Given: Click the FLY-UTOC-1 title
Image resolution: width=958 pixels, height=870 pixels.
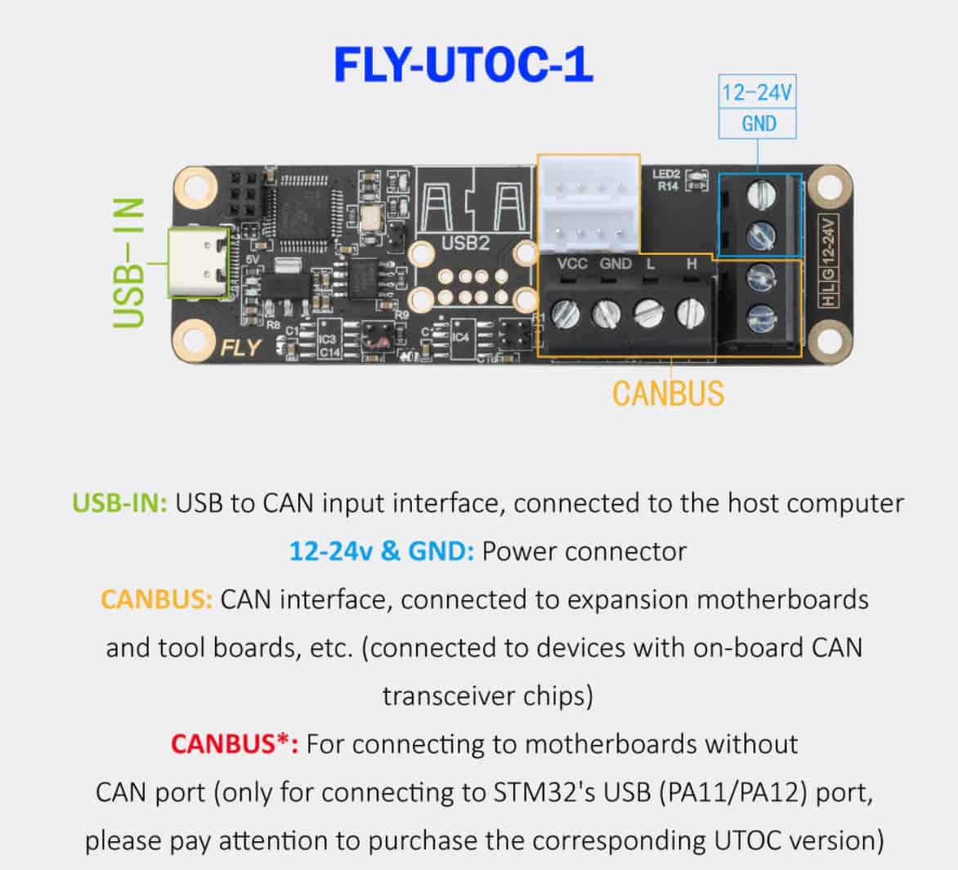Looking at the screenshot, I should [x=463, y=66].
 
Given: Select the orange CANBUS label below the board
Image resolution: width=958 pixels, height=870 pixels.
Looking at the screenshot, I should [x=668, y=394].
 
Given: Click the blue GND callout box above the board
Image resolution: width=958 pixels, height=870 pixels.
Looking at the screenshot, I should [x=758, y=124].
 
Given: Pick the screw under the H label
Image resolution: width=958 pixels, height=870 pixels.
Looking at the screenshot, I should [x=690, y=312].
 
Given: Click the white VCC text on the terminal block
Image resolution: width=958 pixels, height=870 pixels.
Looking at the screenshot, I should [x=572, y=264].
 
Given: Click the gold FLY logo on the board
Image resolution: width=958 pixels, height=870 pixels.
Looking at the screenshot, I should [x=241, y=348].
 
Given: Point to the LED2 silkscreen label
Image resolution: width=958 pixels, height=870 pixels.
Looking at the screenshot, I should [x=666, y=175].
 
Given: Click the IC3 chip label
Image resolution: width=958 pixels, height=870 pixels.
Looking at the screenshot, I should [x=328, y=339].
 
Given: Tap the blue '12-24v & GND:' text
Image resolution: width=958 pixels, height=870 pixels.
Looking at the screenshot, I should [x=381, y=551].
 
